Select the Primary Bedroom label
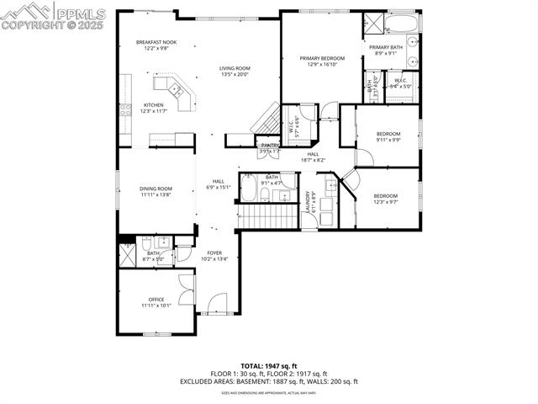pos(322,59)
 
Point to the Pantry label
pos(270,146)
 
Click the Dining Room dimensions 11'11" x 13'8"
pos(156,194)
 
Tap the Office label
pos(156,300)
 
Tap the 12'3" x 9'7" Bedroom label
pos(386,197)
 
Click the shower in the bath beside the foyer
pos(128,253)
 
